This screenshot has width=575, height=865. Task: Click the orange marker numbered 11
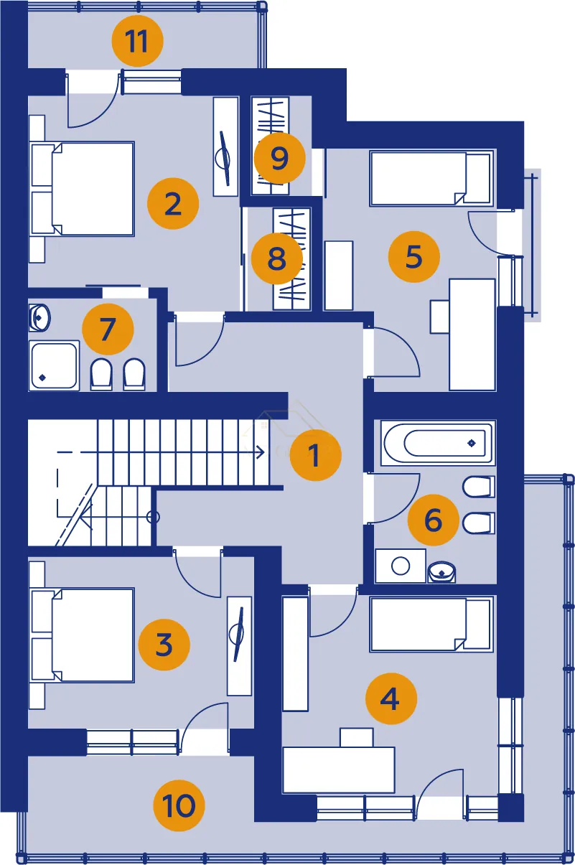tap(138, 41)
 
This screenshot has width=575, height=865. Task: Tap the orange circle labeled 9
tap(279, 158)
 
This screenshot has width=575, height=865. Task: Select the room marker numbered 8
tap(277, 258)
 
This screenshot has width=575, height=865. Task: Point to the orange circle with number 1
tap(316, 455)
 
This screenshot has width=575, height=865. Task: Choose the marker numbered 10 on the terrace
tap(179, 805)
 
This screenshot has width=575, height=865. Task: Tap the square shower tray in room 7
tap(54, 365)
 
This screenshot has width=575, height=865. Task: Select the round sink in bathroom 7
tap(39, 318)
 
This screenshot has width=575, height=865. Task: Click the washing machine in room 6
tap(401, 566)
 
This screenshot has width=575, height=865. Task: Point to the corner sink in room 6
tap(441, 572)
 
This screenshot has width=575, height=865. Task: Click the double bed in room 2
tap(83, 189)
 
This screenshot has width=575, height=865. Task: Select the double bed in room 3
tap(83, 635)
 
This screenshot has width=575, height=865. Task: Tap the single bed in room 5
tap(431, 179)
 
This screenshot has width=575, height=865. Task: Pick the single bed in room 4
tap(431, 625)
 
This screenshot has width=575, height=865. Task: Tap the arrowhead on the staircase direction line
tap(261, 452)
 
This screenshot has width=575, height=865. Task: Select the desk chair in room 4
tap(357, 737)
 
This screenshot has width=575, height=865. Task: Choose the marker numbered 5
tap(414, 257)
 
